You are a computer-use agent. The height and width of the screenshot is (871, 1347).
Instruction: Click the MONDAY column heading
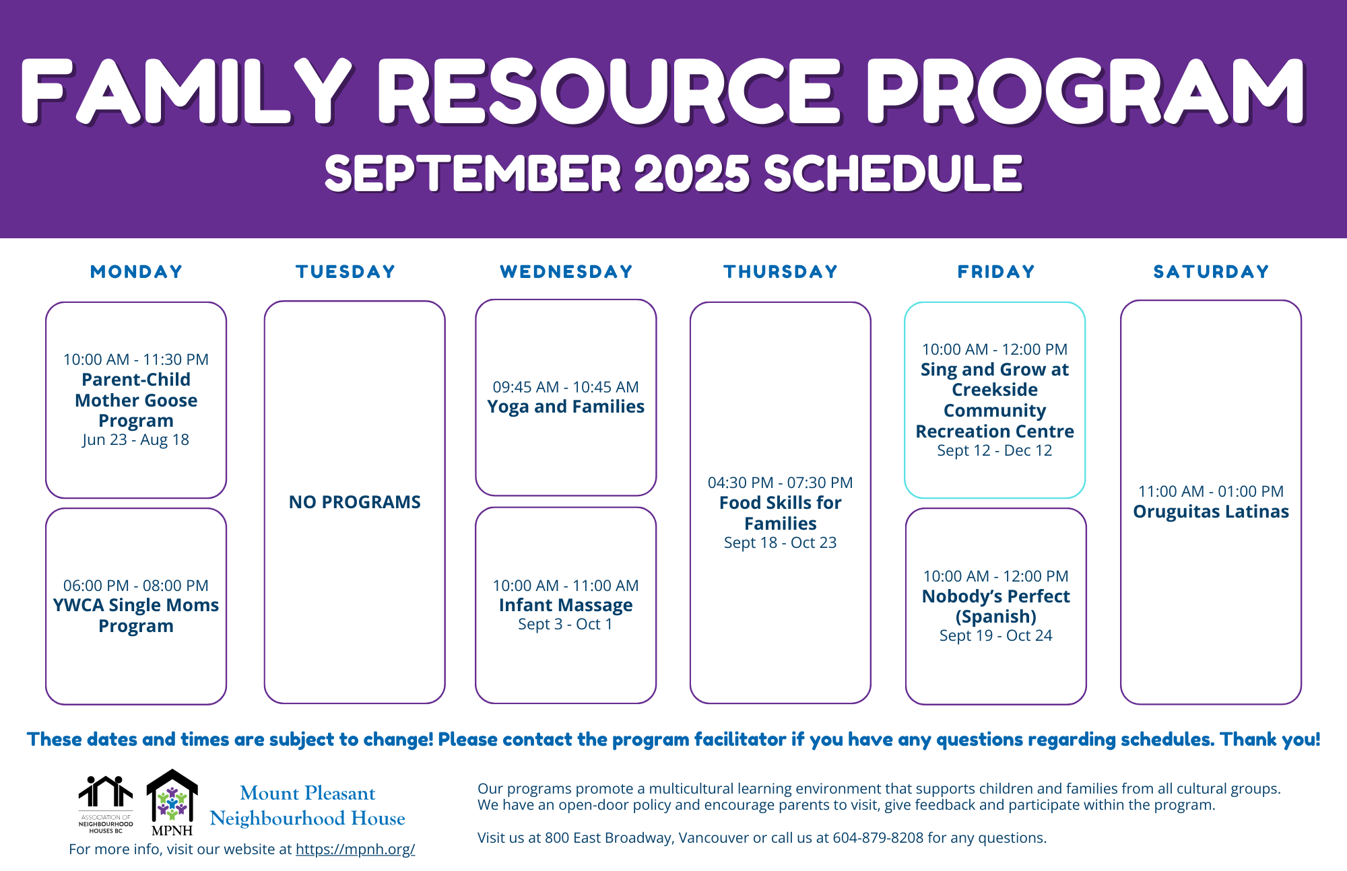tap(136, 271)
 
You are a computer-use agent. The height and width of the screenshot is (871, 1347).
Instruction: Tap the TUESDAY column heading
tap(346, 271)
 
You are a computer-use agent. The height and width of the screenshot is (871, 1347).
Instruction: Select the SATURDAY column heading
tap(1211, 271)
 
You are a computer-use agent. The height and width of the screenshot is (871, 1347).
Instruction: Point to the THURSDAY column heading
tap(781, 271)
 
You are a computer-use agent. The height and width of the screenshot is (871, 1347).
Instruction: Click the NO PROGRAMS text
tap(354, 502)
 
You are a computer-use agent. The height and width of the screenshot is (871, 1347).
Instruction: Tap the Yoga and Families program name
tap(566, 407)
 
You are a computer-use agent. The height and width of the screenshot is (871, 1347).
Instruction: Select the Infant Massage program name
tap(566, 605)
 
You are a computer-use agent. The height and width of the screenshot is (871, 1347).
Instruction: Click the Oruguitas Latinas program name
tap(1210, 512)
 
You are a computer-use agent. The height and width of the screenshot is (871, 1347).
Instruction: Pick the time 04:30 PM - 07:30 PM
tap(780, 483)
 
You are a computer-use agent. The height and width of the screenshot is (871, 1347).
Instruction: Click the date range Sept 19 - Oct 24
tap(995, 635)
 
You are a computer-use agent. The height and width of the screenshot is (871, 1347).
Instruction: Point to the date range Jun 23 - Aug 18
tap(135, 440)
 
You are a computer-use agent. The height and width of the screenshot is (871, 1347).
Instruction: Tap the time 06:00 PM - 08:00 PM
tap(135, 586)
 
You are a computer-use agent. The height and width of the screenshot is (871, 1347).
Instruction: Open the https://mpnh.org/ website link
tap(355, 849)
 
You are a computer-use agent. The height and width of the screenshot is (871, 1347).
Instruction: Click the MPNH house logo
tap(172, 801)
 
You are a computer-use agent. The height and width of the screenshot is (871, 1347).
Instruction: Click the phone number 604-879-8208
tap(878, 838)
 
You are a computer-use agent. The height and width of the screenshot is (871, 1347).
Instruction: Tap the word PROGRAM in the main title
tap(1084, 91)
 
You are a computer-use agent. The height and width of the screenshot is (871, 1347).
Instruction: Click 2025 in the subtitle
tap(692, 174)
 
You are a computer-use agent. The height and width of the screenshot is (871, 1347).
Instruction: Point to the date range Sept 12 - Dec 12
tap(994, 450)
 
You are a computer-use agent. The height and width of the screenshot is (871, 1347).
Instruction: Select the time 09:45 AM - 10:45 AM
tap(566, 387)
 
